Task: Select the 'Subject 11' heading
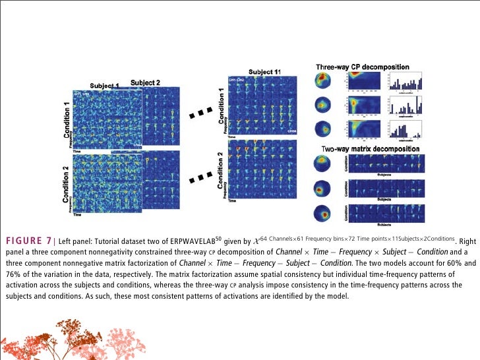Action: pos(264,71)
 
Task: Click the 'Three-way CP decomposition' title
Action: pos(362,67)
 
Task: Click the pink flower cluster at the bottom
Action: pos(125,340)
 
